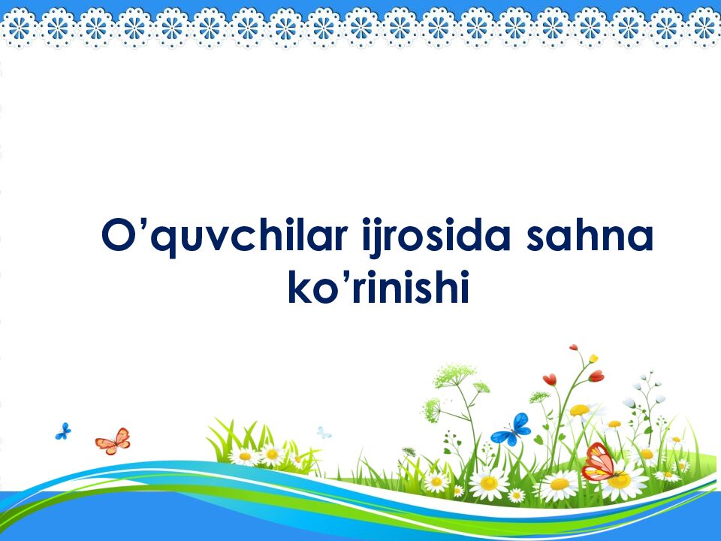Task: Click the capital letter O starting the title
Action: pyautogui.click(x=118, y=234)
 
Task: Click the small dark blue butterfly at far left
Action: pyautogui.click(x=63, y=431)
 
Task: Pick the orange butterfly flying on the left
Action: pyautogui.click(x=113, y=441)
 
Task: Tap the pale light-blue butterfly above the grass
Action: pyautogui.click(x=324, y=433)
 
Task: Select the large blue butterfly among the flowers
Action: pyautogui.click(x=511, y=430)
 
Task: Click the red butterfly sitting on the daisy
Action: pyautogui.click(x=600, y=461)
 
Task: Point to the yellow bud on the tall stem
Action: pyautogui.click(x=593, y=358)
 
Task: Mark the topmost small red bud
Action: pyautogui.click(x=573, y=347)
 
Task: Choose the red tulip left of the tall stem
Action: pyautogui.click(x=550, y=379)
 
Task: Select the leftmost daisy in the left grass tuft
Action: pyautogui.click(x=244, y=455)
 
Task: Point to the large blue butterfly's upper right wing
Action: pyautogui.click(x=520, y=422)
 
